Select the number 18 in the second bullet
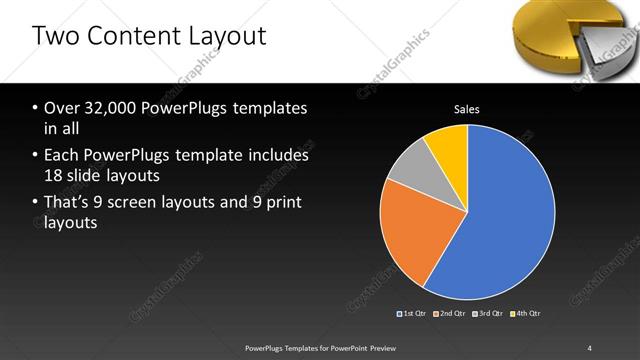(x=55, y=176)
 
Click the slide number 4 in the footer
(x=589, y=347)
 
